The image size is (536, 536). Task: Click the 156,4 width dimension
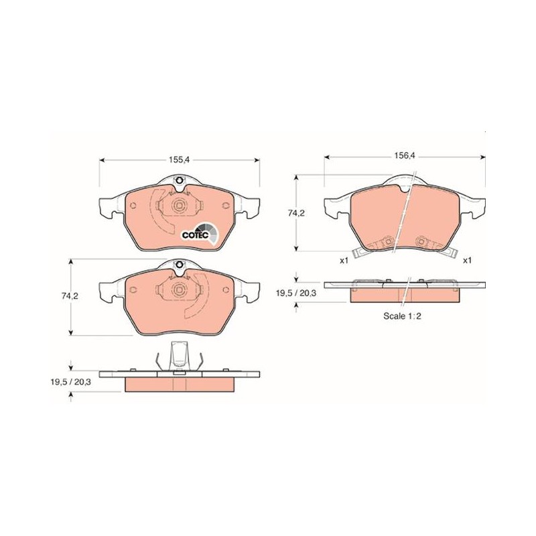(405, 155)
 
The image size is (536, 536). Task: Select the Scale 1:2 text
(402, 316)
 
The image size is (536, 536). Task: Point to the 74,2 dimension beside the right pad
(296, 213)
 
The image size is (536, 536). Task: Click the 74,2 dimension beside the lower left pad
(70, 296)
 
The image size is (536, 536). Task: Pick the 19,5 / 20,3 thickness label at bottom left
(70, 382)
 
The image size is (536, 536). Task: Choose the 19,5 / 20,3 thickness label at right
(296, 293)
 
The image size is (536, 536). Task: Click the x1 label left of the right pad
(344, 261)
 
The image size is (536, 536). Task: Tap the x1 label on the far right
(467, 261)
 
